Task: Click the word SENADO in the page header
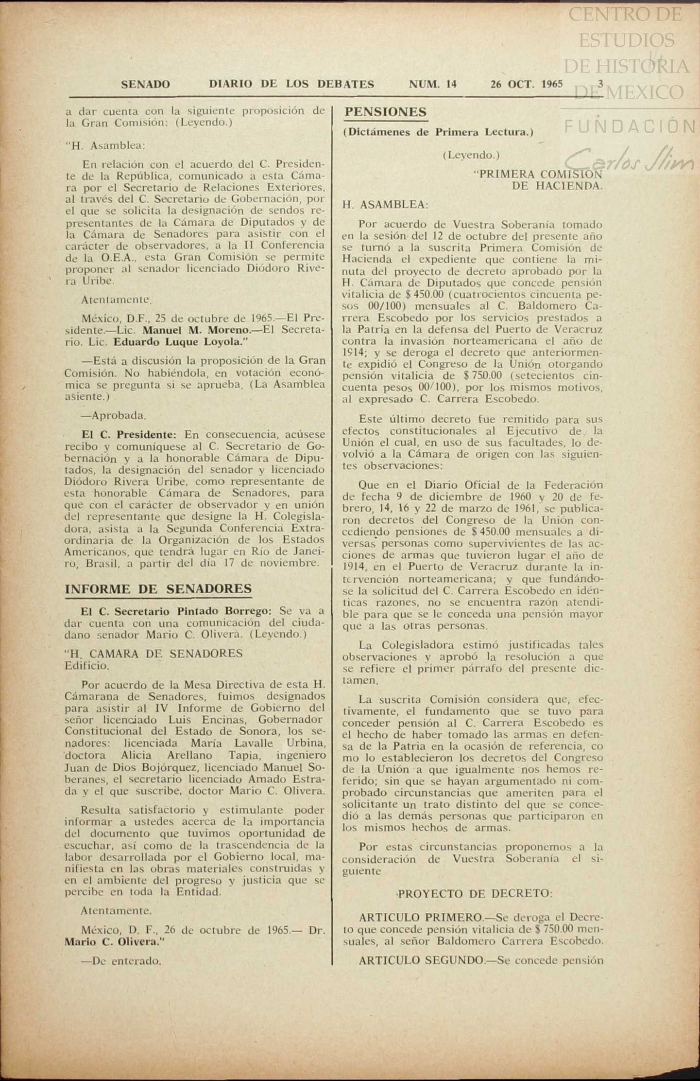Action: pyautogui.click(x=145, y=84)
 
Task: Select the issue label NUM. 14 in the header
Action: pyautogui.click(x=432, y=84)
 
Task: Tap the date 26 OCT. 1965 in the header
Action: pyautogui.click(x=526, y=84)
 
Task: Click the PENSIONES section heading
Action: pyautogui.click(x=385, y=112)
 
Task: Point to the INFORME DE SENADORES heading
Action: pyautogui.click(x=158, y=589)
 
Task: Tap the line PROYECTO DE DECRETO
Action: pyautogui.click(x=475, y=894)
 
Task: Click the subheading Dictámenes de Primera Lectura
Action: pyautogui.click(x=438, y=132)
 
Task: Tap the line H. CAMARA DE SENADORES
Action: pyautogui.click(x=154, y=653)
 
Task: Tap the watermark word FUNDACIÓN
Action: pyautogui.click(x=630, y=127)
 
